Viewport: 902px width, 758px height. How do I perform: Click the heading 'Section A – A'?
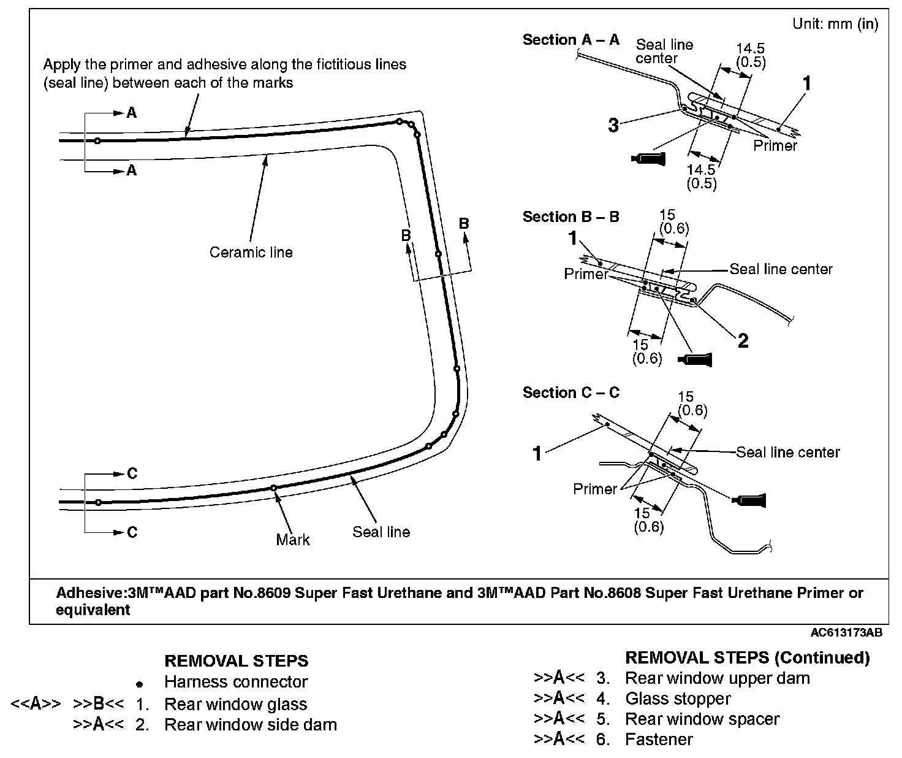(x=570, y=40)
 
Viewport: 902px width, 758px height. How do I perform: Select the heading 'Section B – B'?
(x=570, y=217)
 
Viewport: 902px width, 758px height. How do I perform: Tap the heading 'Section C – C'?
(x=570, y=393)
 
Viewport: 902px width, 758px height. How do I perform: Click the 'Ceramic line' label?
(x=251, y=253)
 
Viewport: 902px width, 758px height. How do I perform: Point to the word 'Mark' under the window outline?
(x=293, y=540)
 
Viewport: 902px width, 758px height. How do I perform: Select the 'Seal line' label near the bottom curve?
(x=381, y=532)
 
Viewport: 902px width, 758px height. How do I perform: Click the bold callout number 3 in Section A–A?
(x=613, y=126)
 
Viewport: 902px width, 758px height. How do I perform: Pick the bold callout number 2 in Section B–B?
(x=743, y=340)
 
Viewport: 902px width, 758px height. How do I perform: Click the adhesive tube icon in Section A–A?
(x=647, y=159)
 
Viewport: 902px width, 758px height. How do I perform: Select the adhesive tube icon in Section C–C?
(x=749, y=500)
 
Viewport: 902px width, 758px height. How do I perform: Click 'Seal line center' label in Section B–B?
(x=781, y=269)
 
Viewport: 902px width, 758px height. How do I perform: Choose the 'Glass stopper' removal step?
(x=678, y=699)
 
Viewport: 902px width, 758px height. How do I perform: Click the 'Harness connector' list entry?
(x=236, y=682)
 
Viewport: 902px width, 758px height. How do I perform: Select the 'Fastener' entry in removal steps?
(x=659, y=740)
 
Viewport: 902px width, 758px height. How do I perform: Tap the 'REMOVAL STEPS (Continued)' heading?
(x=747, y=658)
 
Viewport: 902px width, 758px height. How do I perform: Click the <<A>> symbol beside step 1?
(x=36, y=704)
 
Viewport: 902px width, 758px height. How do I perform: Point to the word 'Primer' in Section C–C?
(x=594, y=489)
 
